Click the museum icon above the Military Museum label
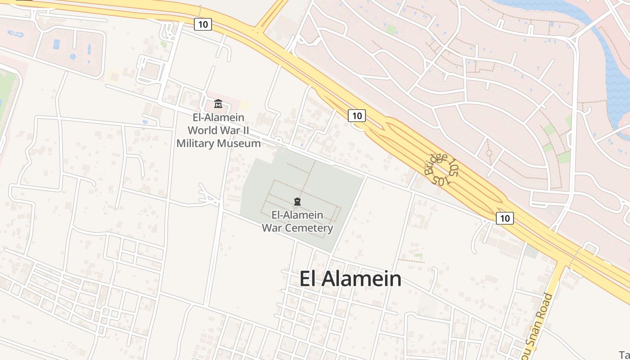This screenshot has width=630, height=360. [x=218, y=104]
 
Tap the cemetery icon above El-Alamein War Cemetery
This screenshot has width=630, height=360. [x=297, y=201]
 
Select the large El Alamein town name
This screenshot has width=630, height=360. [x=351, y=279]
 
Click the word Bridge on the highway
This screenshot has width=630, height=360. [x=436, y=164]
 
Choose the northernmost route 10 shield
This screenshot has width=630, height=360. [x=203, y=24]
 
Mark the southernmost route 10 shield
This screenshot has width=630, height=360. [x=505, y=218]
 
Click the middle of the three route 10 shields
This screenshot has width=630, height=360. [x=357, y=116]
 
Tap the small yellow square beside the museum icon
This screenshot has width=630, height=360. [x=245, y=105]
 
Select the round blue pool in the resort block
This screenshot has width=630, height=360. [x=73, y=57]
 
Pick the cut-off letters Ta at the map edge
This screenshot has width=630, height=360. [x=625, y=354]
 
